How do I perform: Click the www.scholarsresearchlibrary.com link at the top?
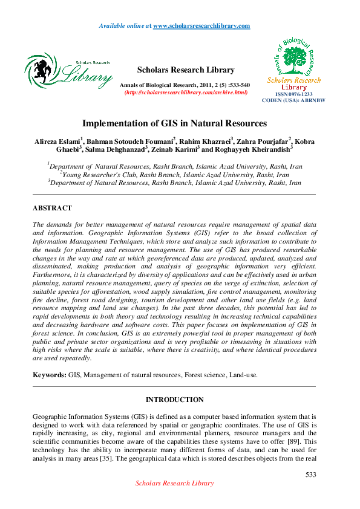pyautogui.click(x=201, y=26)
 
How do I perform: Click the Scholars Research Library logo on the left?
pyautogui.click(x=68, y=71)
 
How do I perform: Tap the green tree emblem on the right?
pyautogui.click(x=295, y=59)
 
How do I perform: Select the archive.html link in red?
pyautogui.click(x=186, y=92)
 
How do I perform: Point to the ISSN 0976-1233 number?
pyautogui.click(x=294, y=95)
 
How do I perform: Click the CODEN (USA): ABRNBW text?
pyautogui.click(x=294, y=100)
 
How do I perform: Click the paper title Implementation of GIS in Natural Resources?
pyautogui.click(x=174, y=123)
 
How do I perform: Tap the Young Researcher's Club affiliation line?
pyautogui.click(x=175, y=174)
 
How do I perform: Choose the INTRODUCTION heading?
pyautogui.click(x=175, y=400)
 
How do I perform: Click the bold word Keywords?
pyautogui.click(x=49, y=375)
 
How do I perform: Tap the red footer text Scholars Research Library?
pyautogui.click(x=174, y=483)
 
